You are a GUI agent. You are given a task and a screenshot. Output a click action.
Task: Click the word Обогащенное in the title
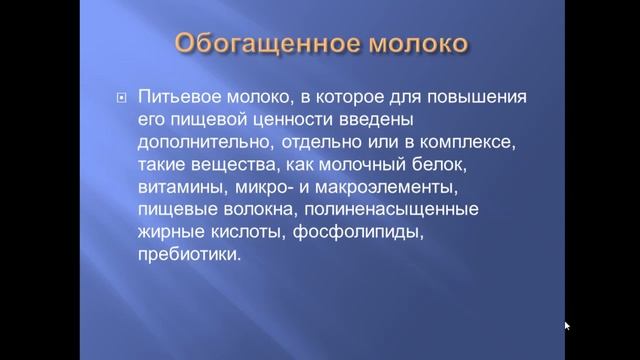pyautogui.click(x=252, y=46)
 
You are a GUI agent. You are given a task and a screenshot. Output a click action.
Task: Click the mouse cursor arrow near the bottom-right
pyautogui.click(x=567, y=325)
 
